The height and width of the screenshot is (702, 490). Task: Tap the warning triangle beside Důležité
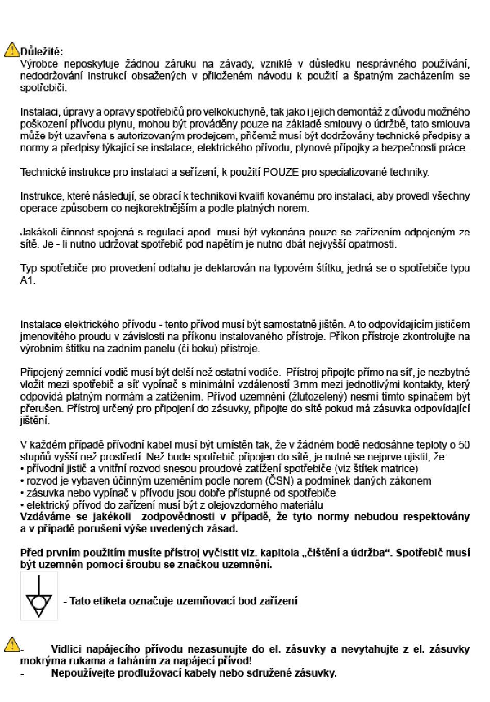click(x=12, y=50)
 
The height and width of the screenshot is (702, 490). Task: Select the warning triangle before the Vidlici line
click(x=12, y=644)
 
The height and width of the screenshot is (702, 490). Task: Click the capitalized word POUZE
click(x=281, y=172)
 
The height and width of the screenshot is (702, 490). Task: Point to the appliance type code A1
click(x=27, y=280)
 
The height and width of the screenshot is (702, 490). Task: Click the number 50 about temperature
click(x=464, y=444)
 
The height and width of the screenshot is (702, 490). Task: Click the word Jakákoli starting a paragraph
click(x=38, y=232)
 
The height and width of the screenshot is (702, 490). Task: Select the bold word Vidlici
click(x=69, y=649)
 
